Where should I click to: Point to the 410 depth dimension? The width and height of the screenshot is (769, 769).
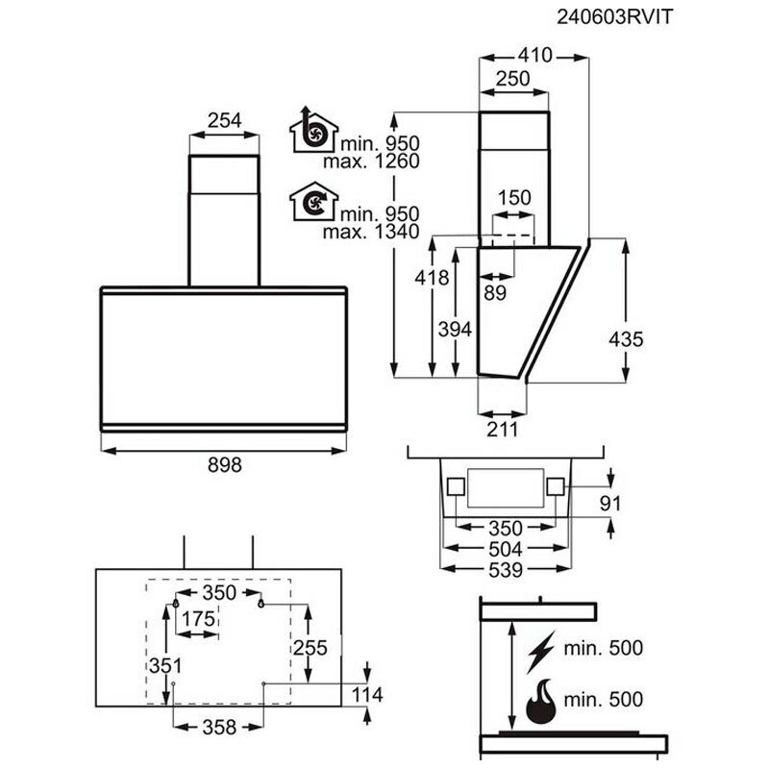pos(533,55)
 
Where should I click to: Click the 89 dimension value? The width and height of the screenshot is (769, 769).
pos(496,294)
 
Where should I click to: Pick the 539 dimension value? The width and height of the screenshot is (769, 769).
pos(503,570)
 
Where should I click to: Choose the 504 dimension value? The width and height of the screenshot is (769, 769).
pos(503,549)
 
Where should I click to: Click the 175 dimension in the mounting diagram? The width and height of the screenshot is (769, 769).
pos(199,619)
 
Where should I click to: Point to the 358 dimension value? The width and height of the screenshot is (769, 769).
pos(218,727)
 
